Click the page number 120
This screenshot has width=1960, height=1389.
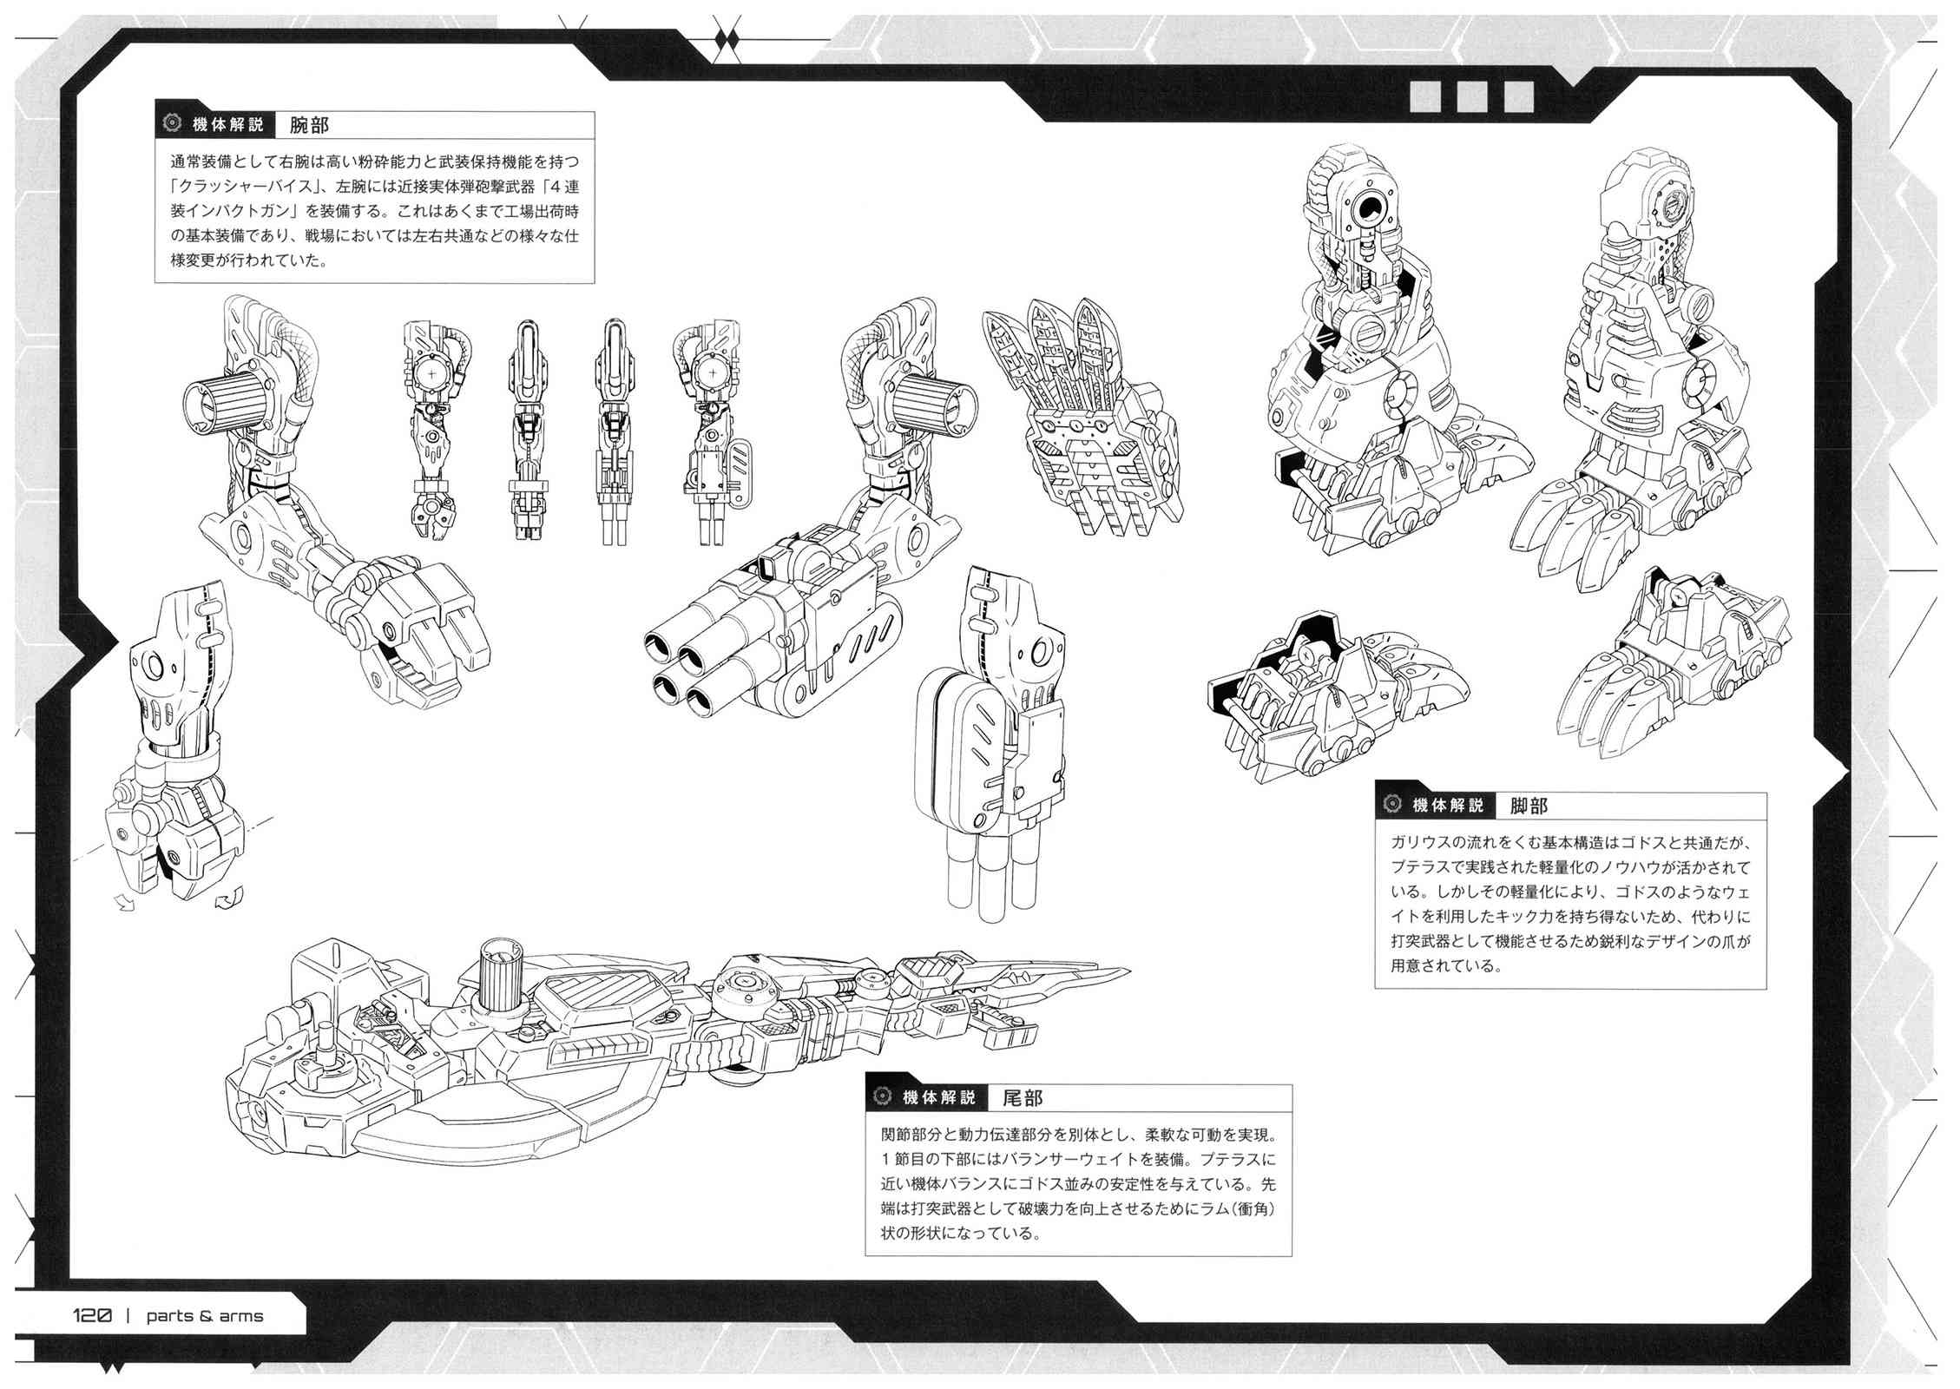pyautogui.click(x=93, y=1315)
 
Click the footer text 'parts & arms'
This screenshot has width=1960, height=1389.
pyautogui.click(x=205, y=1316)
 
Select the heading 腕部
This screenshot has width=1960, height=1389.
pyautogui.click(x=309, y=125)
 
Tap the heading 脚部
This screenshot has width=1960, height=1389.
pyautogui.click(x=1529, y=806)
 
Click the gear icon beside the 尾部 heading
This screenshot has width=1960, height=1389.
pyautogui.click(x=883, y=1096)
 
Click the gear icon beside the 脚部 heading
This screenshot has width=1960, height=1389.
pyautogui.click(x=1392, y=805)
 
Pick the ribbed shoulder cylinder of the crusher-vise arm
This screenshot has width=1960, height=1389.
pyautogui.click(x=226, y=406)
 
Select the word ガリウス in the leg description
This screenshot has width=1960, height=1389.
pyautogui.click(x=1431, y=843)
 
